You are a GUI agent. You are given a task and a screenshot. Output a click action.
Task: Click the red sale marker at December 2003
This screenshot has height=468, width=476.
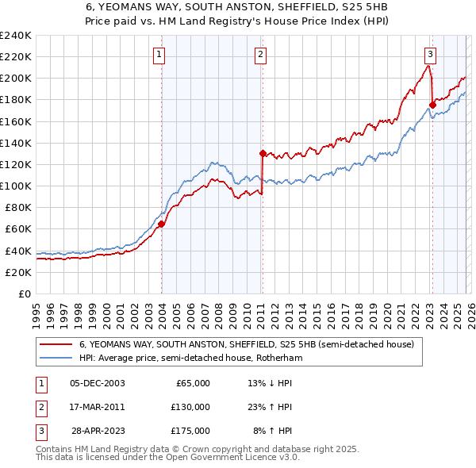click(x=161, y=224)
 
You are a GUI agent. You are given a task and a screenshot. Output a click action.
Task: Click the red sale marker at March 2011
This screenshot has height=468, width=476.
click(x=262, y=153)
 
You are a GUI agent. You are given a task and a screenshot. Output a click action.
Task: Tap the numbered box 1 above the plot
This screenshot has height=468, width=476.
click(x=159, y=55)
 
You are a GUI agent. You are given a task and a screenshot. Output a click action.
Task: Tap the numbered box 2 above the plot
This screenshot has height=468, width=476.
click(x=260, y=55)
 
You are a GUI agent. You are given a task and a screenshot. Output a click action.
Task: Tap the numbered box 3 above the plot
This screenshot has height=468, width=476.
click(x=429, y=55)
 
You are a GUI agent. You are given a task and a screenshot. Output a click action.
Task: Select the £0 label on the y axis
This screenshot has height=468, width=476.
click(x=24, y=293)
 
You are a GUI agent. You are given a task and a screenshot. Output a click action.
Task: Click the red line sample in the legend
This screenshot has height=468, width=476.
click(x=56, y=345)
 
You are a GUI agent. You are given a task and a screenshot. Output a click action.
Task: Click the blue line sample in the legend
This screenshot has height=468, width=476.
click(x=56, y=359)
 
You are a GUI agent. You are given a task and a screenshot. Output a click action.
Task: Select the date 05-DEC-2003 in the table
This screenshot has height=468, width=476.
click(x=97, y=383)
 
